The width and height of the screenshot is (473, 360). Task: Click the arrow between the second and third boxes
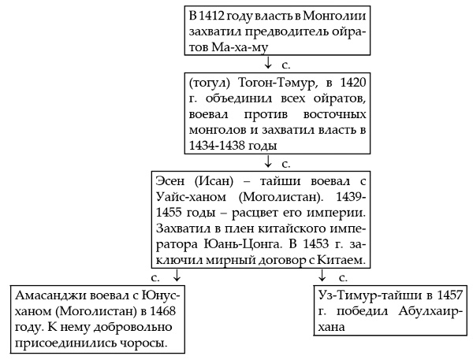[x=270, y=163]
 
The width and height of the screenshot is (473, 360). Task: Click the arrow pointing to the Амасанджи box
[x=177, y=276]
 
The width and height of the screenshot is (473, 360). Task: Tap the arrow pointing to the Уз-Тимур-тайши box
[x=323, y=276]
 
